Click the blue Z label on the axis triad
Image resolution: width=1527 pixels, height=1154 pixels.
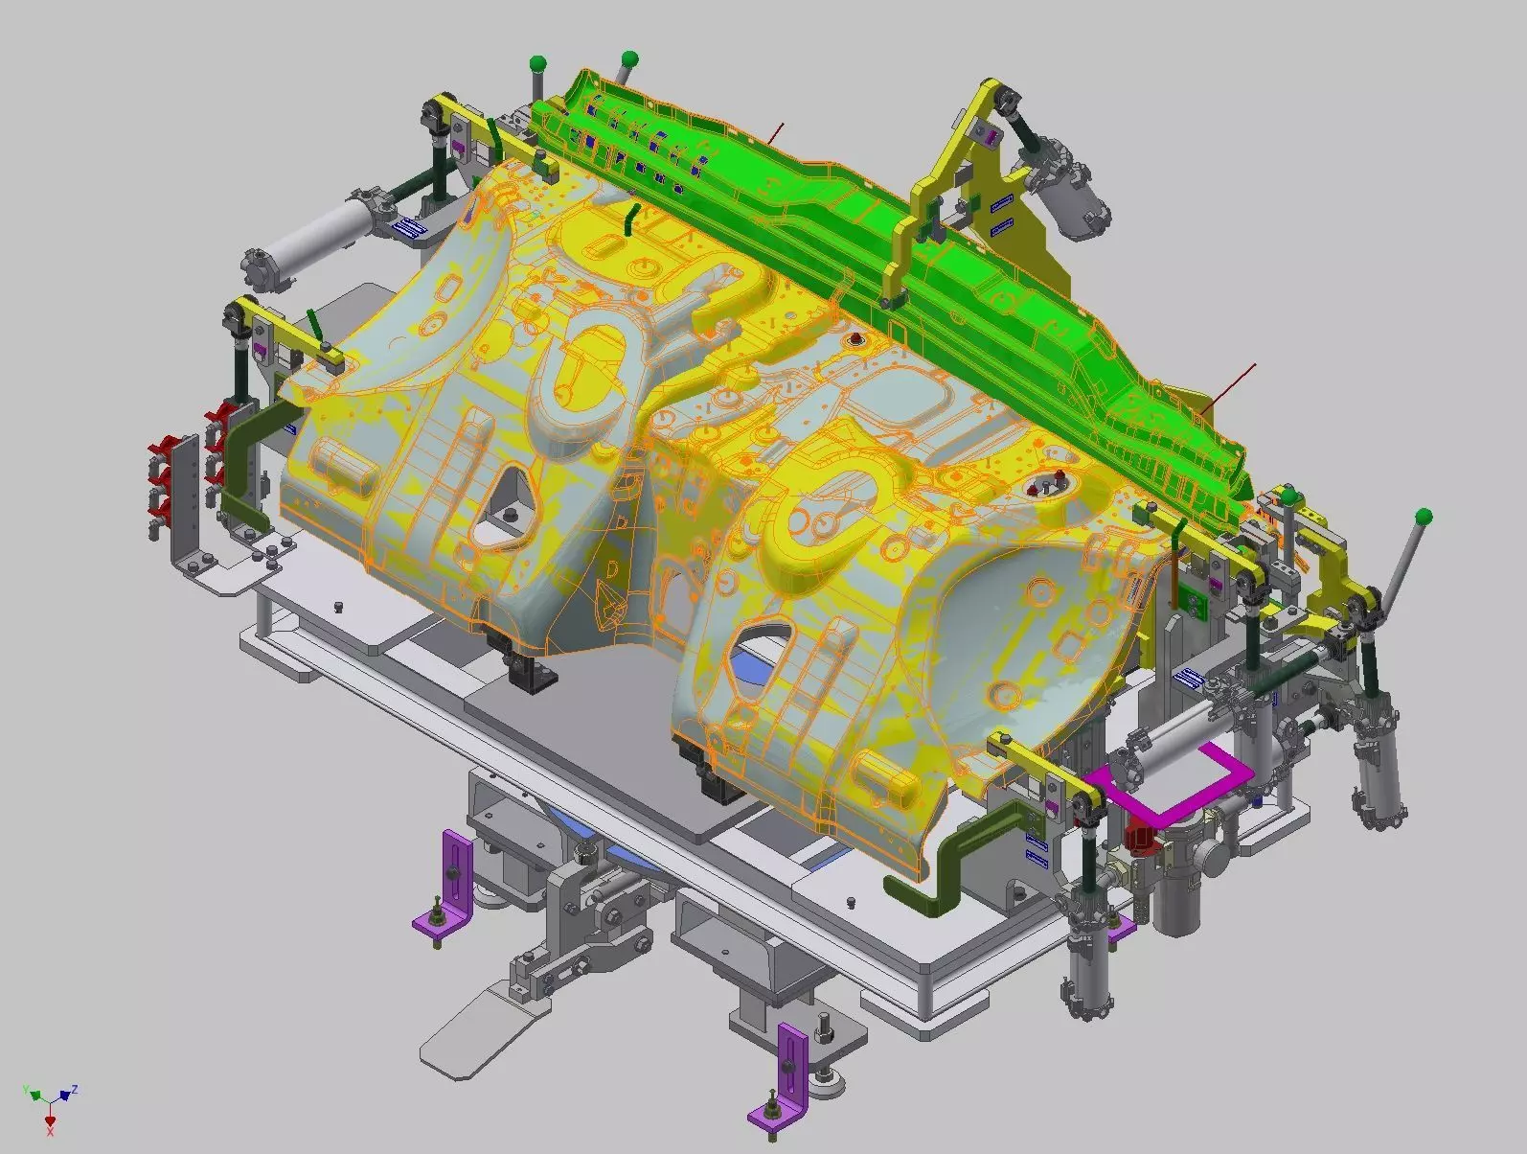pyautogui.click(x=74, y=1090)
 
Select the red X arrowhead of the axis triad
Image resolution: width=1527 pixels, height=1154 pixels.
pyautogui.click(x=50, y=1119)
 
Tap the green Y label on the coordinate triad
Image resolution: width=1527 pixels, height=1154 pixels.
pyautogui.click(x=27, y=1091)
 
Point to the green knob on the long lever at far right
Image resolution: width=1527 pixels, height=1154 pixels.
pyautogui.click(x=1424, y=517)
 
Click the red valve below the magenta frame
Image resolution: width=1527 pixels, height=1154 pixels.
pyautogui.click(x=1138, y=837)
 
